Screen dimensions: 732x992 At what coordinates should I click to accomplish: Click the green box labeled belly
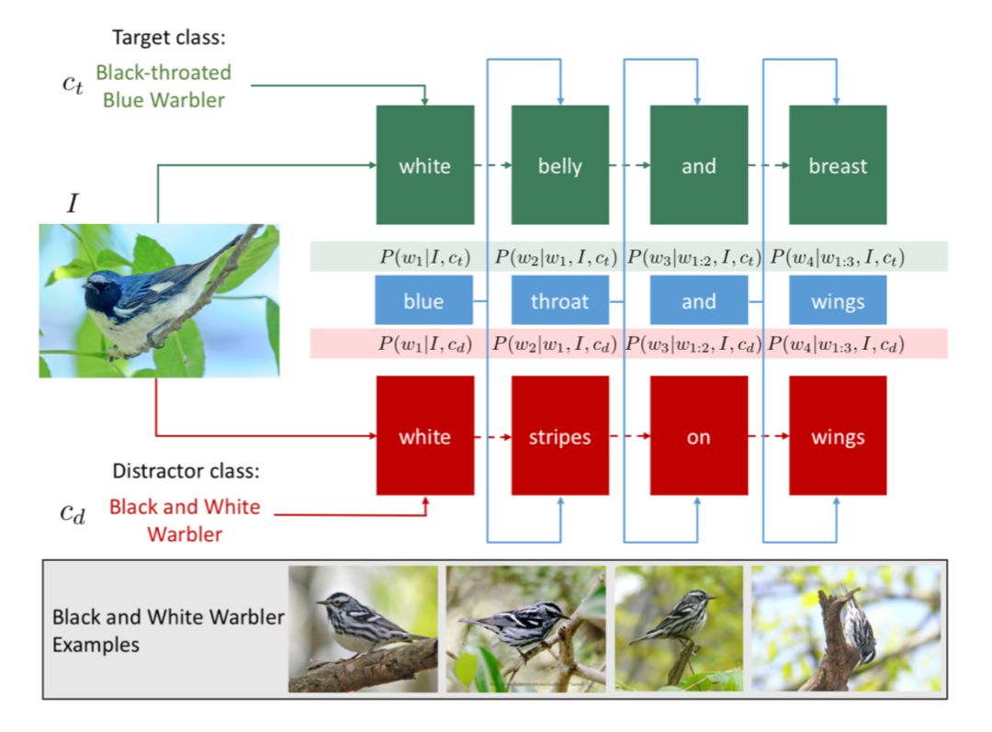point(559,165)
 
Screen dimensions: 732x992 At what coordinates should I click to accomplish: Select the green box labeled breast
point(837,165)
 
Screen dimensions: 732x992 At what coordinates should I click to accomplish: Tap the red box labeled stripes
point(559,436)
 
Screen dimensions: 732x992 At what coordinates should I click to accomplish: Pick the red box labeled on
point(698,436)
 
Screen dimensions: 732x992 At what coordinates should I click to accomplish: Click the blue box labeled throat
point(559,301)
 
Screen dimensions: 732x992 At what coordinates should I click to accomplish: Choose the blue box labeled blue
point(423,301)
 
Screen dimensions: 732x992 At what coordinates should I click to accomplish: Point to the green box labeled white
point(424,165)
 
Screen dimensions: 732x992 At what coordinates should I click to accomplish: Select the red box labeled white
point(424,436)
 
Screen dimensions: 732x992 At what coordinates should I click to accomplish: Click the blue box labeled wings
point(837,301)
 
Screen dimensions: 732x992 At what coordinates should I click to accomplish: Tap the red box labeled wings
point(837,436)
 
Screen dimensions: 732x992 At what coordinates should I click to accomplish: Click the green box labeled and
point(698,165)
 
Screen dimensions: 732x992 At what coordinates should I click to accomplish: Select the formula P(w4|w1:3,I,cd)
point(836,344)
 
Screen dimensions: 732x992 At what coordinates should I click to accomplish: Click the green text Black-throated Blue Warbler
point(163,86)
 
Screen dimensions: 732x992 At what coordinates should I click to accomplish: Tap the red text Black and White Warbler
point(185,520)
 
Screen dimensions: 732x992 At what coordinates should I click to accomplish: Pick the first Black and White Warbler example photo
point(363,628)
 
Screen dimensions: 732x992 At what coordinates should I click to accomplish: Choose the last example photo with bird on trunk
point(846,628)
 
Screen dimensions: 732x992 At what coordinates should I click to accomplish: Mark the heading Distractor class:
point(186,472)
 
